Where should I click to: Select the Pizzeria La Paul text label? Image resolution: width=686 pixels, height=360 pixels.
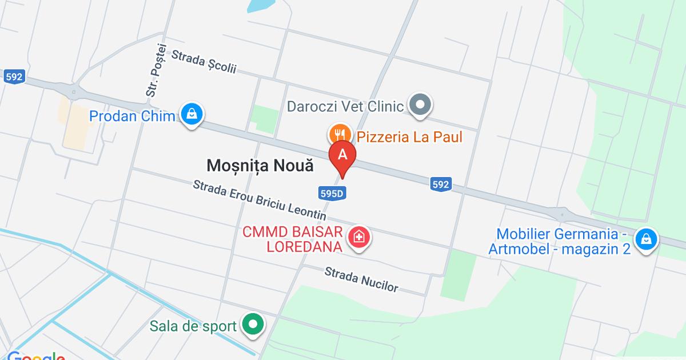point(409,137)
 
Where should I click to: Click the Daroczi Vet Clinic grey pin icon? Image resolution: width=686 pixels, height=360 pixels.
point(422,105)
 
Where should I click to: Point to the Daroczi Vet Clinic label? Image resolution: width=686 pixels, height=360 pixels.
point(345,106)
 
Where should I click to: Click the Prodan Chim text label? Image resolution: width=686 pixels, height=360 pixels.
point(131,117)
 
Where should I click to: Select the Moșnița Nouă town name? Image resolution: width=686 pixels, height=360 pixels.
point(260,166)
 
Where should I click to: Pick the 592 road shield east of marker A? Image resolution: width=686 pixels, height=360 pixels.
point(440,184)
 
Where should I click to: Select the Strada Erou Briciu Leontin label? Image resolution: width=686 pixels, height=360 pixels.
point(260,201)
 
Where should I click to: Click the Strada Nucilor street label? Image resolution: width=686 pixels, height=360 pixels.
point(361,279)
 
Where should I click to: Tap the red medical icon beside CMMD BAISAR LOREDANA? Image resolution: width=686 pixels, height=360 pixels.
point(359,237)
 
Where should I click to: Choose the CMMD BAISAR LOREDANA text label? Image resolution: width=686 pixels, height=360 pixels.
point(293,239)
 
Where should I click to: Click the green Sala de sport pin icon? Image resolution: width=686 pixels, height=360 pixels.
point(252,326)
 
